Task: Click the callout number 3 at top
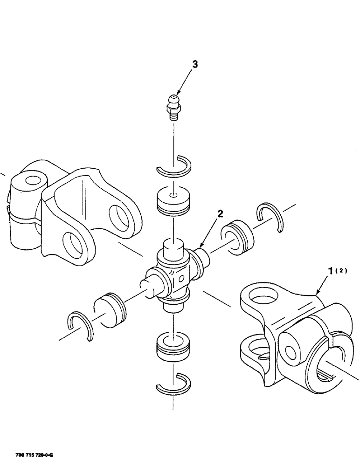(194, 65)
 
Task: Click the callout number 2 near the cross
(220, 214)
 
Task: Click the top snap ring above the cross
(174, 165)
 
